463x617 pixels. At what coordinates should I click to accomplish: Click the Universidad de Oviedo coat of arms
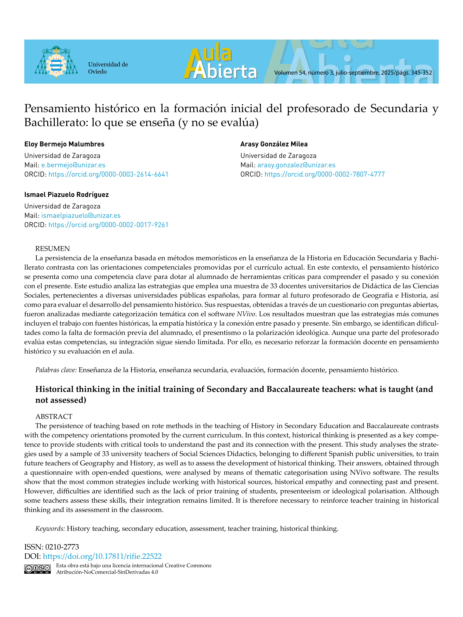click(56, 62)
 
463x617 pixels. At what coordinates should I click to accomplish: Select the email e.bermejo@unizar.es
click(73, 165)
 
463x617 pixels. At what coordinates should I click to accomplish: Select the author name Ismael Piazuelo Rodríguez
click(66, 195)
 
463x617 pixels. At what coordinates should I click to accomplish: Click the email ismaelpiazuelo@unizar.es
click(81, 215)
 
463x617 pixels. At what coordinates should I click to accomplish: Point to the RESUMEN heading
click(52, 249)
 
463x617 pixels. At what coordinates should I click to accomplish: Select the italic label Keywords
click(50, 529)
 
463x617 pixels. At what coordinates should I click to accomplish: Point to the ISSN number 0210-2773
click(62, 547)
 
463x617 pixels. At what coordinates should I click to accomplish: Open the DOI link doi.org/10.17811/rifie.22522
click(102, 556)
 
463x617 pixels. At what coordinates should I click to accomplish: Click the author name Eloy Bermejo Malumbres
click(64, 144)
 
